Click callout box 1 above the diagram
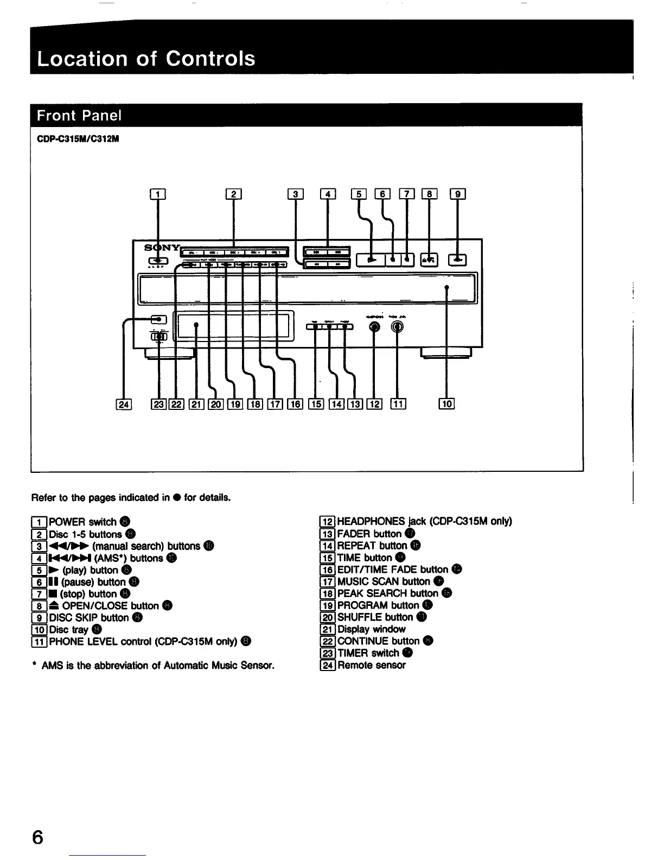(157, 194)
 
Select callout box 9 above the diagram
(458, 194)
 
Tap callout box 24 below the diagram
(124, 403)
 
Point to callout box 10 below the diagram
(446, 403)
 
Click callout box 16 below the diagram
(295, 403)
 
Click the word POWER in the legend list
(67, 522)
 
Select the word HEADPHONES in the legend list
(371, 521)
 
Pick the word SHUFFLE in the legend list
(360, 617)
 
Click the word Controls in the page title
(210, 58)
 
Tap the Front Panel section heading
(79, 116)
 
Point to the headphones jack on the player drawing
(374, 327)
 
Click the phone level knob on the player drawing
(398, 327)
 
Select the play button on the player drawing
(371, 260)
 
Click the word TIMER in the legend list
(353, 653)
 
